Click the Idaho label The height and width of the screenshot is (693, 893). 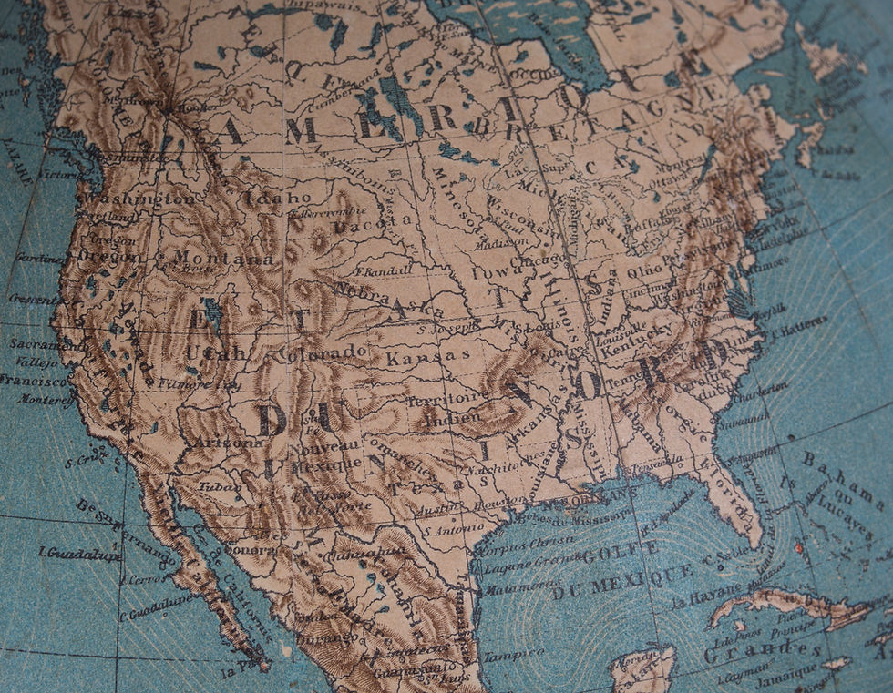pos(278,198)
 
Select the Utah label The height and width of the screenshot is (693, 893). pos(215,352)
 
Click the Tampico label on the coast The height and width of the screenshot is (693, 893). pos(513,654)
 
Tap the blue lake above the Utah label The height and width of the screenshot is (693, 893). pos(212,312)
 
